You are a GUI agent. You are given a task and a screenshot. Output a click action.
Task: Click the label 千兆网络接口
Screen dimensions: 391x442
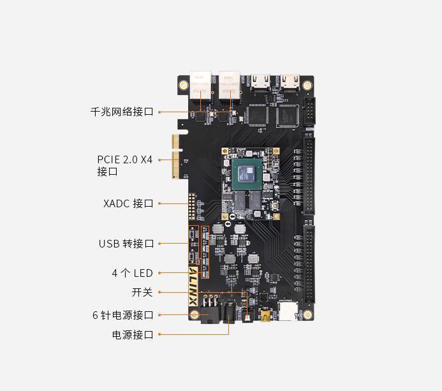coord(122,112)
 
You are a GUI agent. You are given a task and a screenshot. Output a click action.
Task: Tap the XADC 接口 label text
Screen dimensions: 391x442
coord(128,203)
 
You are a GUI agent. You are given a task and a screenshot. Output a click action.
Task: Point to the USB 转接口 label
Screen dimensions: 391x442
coord(126,244)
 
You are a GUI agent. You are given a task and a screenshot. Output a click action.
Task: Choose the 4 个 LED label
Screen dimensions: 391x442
coord(133,273)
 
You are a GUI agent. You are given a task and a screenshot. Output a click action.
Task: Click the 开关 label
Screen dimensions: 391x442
coord(142,292)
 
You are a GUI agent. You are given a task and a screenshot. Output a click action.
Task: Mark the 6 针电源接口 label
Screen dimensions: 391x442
coord(123,314)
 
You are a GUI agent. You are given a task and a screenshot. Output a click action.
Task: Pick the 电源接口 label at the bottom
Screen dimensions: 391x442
coord(133,334)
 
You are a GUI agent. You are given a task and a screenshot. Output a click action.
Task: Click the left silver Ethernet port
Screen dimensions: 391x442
coord(200,84)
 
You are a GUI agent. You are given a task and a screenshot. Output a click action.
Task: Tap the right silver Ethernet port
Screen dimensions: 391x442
coord(230,84)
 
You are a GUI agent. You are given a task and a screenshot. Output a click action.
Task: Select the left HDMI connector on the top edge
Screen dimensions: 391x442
coord(261,81)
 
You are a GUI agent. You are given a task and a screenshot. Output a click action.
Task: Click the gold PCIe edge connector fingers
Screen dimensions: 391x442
coord(175,157)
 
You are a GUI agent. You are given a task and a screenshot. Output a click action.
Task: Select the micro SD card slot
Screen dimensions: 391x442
coord(288,311)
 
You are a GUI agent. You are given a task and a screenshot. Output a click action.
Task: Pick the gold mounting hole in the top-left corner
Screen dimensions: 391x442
coord(183,85)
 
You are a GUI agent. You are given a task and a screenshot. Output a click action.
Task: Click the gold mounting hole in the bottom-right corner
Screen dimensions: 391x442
coord(307,314)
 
